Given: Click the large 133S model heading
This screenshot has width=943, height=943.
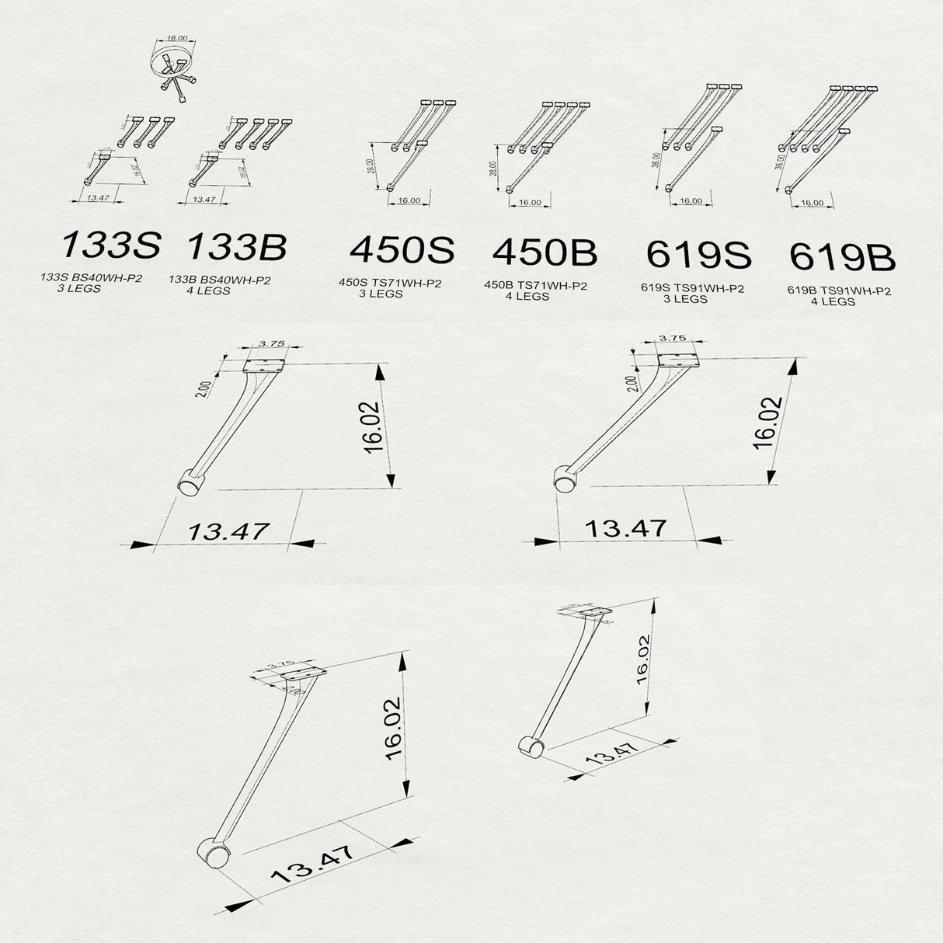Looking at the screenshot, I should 110,245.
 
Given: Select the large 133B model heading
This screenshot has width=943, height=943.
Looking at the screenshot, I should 237,247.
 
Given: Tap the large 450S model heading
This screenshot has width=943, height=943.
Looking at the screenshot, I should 402,250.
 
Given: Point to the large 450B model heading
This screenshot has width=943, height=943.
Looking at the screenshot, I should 545,252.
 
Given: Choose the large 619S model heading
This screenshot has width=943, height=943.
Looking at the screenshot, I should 698,255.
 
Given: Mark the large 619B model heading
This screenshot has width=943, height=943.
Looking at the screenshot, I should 842,257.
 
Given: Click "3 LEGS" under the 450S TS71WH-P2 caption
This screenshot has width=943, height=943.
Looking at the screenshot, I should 381,294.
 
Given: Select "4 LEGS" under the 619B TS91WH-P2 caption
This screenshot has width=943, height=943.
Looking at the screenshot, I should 833,301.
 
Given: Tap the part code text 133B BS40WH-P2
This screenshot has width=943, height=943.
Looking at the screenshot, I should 220,280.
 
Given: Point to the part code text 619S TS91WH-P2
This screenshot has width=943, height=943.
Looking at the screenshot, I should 693,288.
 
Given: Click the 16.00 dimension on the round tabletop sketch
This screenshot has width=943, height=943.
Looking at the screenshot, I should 177,37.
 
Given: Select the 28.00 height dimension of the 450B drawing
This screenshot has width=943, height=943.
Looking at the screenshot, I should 492,169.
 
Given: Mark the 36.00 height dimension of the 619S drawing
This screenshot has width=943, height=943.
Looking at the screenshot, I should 656,161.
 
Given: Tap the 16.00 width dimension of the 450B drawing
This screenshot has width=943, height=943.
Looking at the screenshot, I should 530,203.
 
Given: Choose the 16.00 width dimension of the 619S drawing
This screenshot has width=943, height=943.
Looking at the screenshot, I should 691,201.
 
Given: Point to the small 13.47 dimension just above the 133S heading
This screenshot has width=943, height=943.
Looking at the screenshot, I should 98,199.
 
